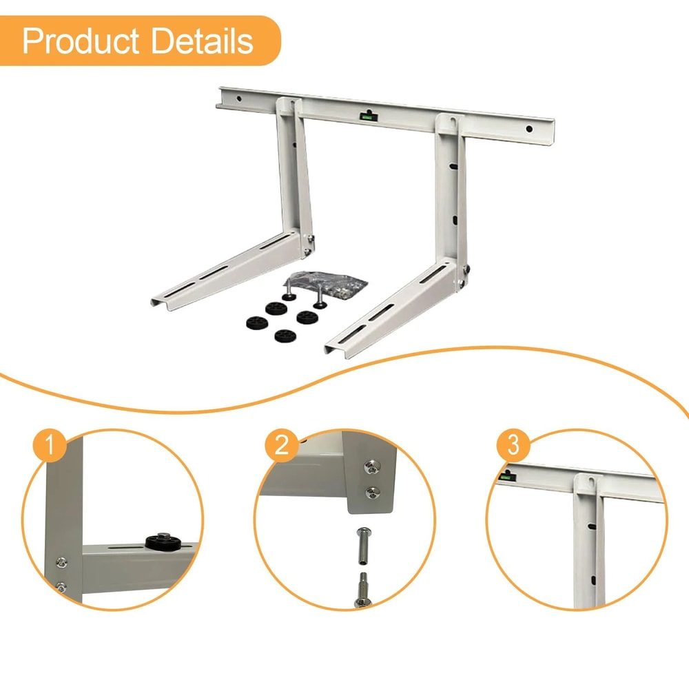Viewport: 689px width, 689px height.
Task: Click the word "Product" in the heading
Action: (x=82, y=41)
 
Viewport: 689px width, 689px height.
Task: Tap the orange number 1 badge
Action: (x=48, y=447)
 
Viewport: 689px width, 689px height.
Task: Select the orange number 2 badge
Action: (x=281, y=447)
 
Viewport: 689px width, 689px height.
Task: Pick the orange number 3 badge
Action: (x=513, y=446)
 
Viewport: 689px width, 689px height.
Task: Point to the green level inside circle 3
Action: (x=506, y=474)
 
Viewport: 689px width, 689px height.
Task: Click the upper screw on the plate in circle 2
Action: (x=373, y=469)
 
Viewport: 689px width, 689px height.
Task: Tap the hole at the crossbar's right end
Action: (x=529, y=129)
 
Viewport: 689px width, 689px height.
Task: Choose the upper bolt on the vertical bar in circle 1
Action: (x=61, y=562)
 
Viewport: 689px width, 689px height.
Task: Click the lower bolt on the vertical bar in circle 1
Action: (x=61, y=587)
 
